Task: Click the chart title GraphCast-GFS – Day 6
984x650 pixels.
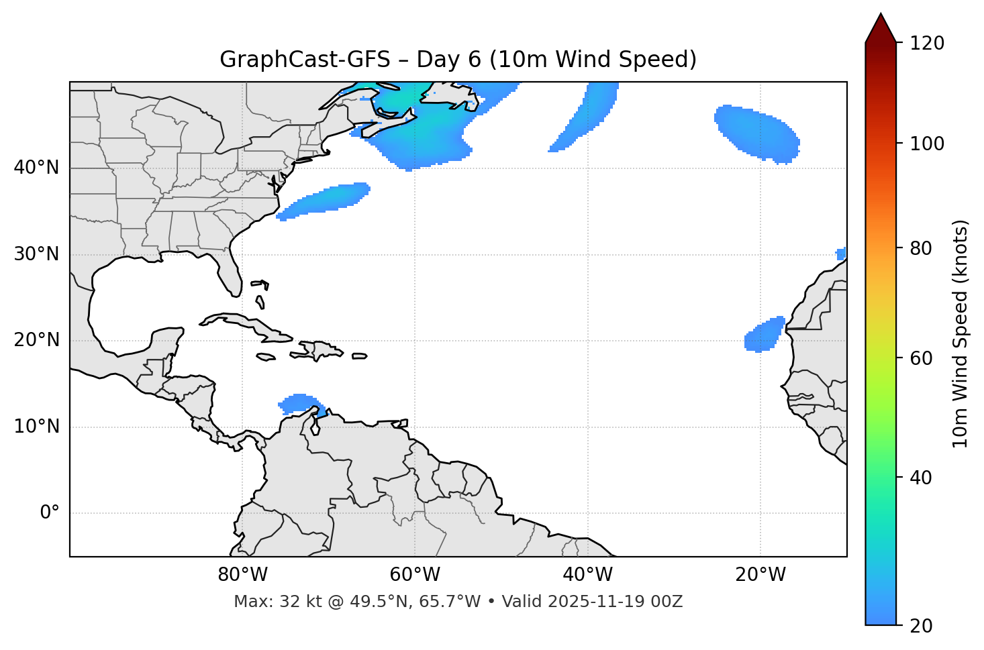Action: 458,60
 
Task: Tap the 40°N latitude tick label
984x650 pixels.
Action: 36,168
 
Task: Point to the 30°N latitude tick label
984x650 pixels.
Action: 36,254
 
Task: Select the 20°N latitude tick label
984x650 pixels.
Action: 36,340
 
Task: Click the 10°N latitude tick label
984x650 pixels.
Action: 36,427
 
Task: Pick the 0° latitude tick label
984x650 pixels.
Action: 49,513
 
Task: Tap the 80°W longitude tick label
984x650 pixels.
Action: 242,575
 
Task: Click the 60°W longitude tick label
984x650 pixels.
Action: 415,575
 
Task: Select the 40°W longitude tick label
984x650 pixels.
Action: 587,575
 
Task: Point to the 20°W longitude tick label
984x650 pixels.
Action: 760,575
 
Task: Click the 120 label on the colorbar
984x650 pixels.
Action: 928,44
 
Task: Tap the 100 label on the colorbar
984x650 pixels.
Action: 928,144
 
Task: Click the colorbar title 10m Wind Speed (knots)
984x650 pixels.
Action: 961,333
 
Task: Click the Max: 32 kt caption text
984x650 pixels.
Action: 458,602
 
